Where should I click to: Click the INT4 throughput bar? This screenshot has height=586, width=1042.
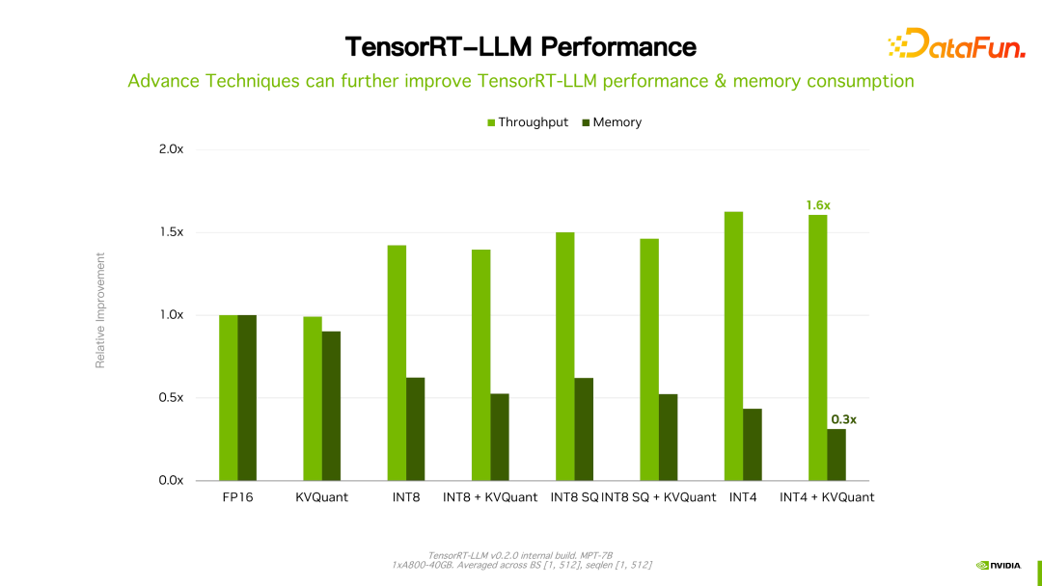(733, 346)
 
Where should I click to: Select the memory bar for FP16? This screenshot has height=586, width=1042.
(247, 398)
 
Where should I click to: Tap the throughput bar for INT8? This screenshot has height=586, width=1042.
(397, 363)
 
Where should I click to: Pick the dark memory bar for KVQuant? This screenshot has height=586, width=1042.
(331, 406)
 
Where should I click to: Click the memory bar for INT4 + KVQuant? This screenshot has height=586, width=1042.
(836, 455)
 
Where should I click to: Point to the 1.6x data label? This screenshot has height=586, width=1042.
(818, 205)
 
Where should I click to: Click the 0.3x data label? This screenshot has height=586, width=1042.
(843, 419)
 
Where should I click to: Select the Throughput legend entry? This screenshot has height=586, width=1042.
(527, 122)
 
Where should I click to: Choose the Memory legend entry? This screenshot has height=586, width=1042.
(612, 122)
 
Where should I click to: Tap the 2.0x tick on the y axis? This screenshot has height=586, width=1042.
(171, 149)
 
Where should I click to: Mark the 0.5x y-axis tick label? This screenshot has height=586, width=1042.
(171, 398)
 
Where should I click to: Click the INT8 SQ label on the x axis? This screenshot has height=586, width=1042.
(573, 497)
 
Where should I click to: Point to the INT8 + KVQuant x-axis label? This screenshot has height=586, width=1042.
(490, 497)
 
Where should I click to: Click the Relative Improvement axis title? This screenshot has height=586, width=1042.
(99, 309)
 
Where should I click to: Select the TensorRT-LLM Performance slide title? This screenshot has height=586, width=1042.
(521, 46)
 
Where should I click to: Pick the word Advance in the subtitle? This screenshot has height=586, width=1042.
(163, 81)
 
